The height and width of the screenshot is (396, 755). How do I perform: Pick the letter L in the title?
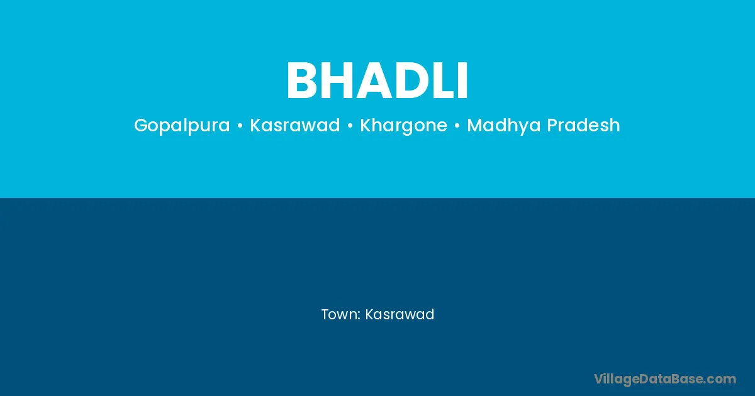click(446, 80)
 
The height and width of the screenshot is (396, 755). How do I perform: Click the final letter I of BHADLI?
click(464, 80)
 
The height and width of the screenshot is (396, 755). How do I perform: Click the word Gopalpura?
click(182, 126)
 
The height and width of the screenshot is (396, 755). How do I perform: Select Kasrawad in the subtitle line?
click(295, 125)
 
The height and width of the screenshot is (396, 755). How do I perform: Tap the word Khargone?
click(403, 126)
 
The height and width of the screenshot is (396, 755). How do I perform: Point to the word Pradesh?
click(583, 125)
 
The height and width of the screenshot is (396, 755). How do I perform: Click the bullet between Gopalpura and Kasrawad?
click(240, 126)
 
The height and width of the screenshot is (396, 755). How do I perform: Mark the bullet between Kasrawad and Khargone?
click(350, 126)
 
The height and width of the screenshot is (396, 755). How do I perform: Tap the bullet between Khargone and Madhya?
click(457, 126)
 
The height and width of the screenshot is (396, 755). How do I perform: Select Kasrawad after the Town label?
click(400, 314)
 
